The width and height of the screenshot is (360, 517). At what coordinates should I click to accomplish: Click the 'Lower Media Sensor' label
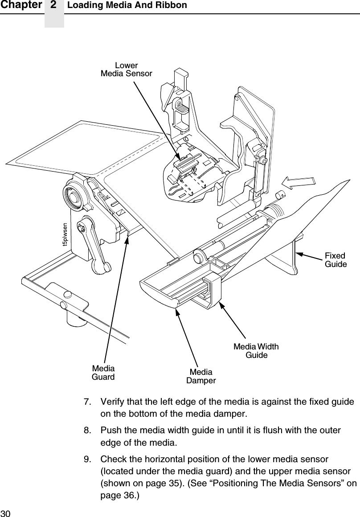click(x=126, y=69)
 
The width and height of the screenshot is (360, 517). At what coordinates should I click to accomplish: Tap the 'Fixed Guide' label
click(x=335, y=260)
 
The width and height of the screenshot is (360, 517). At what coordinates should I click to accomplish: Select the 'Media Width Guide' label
click(x=257, y=351)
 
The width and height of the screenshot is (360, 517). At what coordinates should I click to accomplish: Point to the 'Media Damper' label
click(x=201, y=376)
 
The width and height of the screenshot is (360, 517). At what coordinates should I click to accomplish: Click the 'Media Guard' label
click(x=103, y=373)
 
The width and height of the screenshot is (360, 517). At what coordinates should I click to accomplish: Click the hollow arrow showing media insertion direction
click(x=300, y=183)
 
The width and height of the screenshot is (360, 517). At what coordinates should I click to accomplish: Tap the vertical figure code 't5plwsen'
click(x=65, y=235)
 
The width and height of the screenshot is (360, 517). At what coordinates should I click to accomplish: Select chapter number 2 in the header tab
click(x=54, y=5)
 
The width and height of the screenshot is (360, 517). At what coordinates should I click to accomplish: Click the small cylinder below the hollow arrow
click(x=280, y=195)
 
